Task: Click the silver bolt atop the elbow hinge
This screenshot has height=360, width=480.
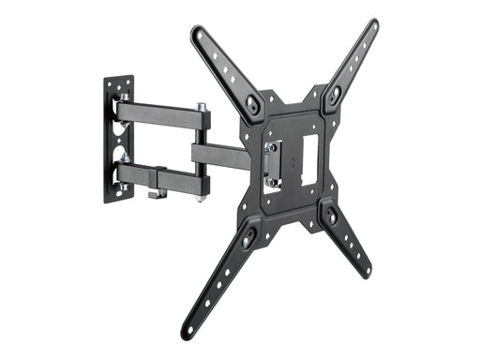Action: pyautogui.click(x=202, y=107)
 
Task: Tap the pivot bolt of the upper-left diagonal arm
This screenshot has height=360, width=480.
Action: pyautogui.click(x=253, y=104)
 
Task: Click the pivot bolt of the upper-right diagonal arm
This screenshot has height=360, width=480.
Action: pyautogui.click(x=335, y=94)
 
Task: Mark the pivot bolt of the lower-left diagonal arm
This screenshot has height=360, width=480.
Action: pyautogui.click(x=247, y=242)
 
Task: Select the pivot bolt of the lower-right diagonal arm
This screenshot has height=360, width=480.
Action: pyautogui.click(x=330, y=217)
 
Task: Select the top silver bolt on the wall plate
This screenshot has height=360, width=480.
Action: pyautogui.click(x=124, y=97)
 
